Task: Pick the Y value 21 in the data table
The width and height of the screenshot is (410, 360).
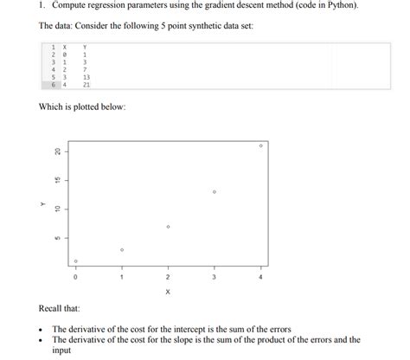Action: click(86, 85)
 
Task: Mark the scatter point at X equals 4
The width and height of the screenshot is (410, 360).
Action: click(260, 146)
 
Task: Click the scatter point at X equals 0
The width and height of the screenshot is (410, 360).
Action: click(76, 260)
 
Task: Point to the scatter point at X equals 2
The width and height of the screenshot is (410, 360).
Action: click(168, 227)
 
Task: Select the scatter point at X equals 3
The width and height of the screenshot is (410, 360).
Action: click(214, 191)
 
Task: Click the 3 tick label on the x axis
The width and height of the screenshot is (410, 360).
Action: click(214, 278)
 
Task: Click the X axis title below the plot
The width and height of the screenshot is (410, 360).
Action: click(168, 292)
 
